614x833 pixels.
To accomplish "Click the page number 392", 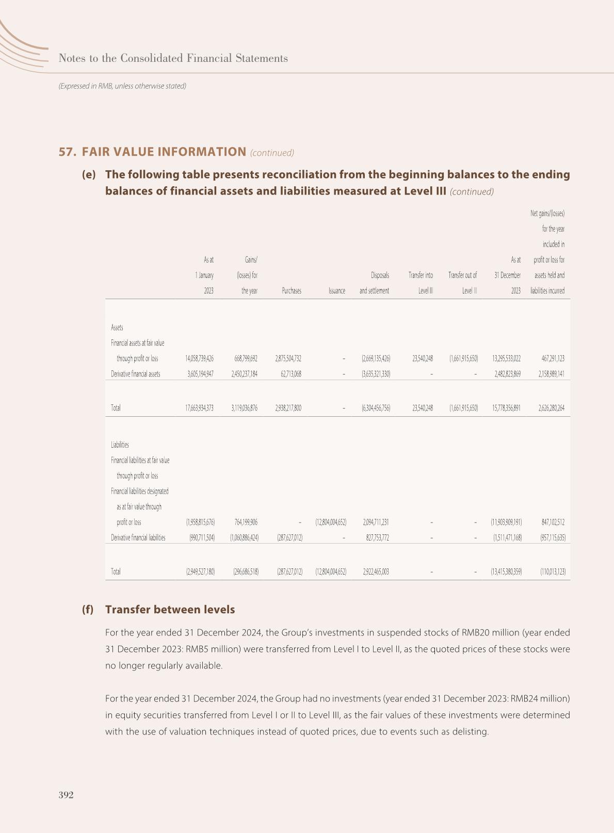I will [66, 795].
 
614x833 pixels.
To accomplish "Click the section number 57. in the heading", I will [68, 152].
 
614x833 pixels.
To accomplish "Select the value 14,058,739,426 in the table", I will [199, 358].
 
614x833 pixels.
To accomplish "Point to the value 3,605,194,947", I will [201, 374].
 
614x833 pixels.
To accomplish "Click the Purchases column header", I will [292, 291].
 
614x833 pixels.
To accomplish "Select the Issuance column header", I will [337, 291].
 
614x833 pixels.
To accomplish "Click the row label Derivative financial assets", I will [135, 374].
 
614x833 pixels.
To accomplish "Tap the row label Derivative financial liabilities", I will [138, 537].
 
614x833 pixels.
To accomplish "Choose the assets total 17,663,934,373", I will [199, 408].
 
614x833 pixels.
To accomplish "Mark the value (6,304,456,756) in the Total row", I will [376, 408].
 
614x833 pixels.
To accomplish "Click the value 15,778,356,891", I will [506, 408].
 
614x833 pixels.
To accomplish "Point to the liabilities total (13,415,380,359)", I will [506, 571].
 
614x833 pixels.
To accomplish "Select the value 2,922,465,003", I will [376, 571].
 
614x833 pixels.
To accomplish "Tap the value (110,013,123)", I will [553, 571].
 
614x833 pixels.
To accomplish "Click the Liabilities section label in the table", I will [120, 445].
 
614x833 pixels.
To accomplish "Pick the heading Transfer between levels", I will [170, 610].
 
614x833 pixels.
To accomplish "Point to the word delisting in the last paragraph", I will [470, 731].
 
